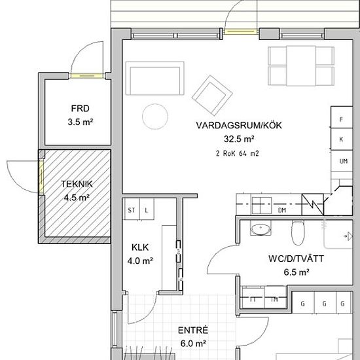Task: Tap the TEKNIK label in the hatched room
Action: (77, 184)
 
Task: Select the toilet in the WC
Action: (298, 230)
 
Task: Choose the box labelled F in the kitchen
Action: (341, 119)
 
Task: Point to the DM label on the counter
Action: (282, 210)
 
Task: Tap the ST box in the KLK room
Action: (131, 210)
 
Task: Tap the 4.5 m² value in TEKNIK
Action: (77, 197)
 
